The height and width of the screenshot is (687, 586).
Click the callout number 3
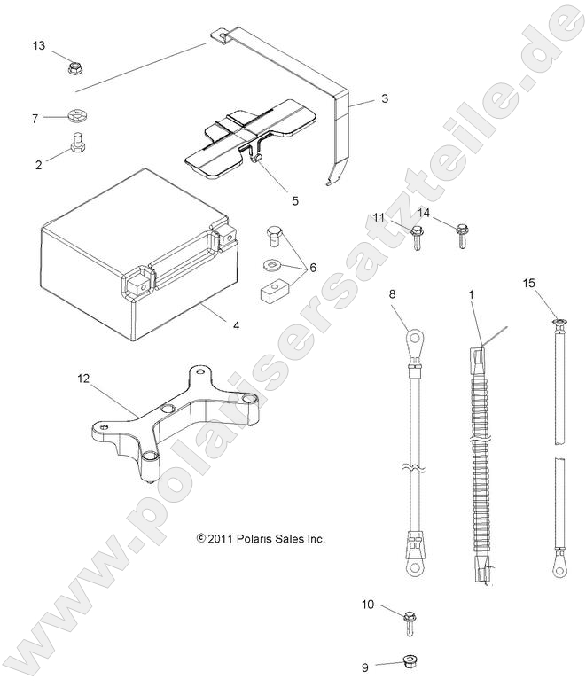(x=385, y=99)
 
